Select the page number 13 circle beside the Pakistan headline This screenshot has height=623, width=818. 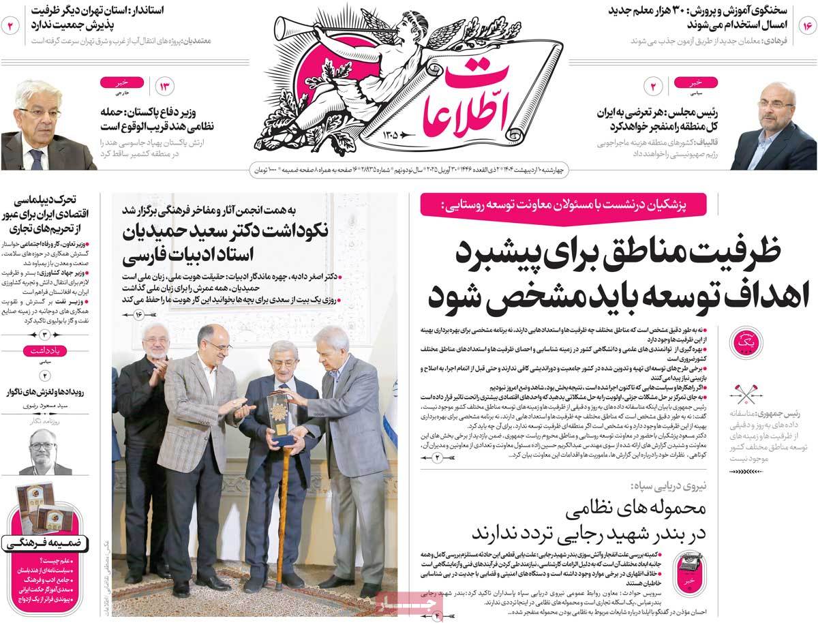click(166, 87)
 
